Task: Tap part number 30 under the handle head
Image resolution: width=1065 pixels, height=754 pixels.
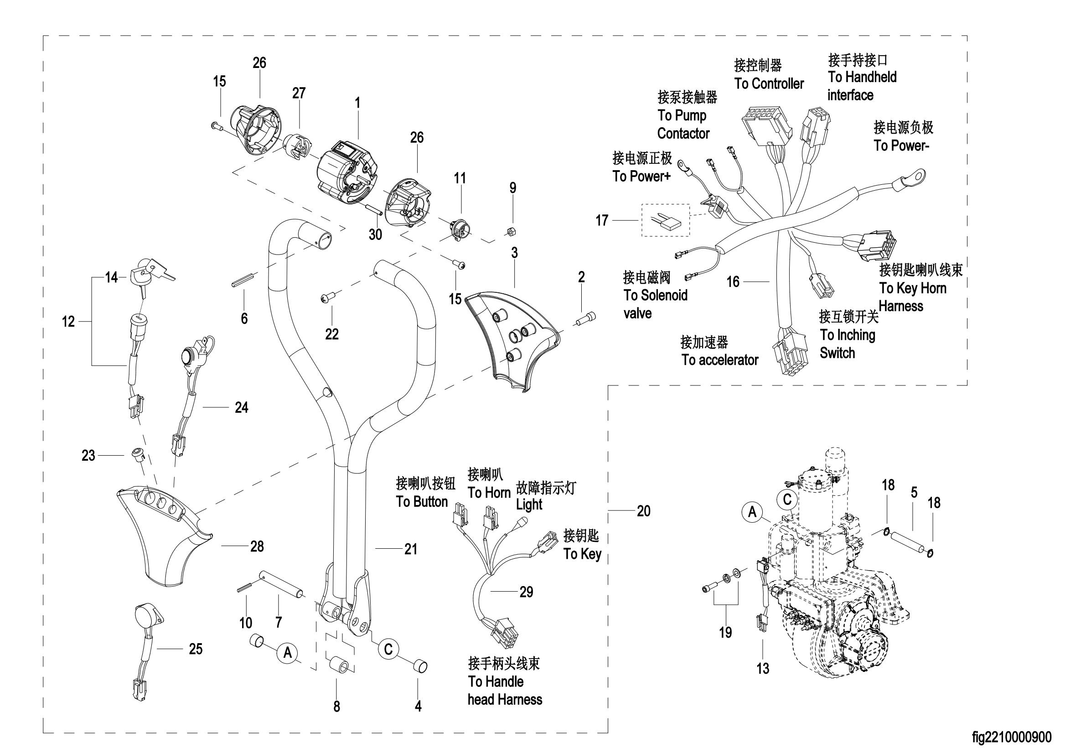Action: click(x=375, y=234)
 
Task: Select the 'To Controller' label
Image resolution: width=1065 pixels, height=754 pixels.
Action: click(x=769, y=84)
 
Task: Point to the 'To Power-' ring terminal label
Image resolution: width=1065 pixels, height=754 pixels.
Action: click(x=902, y=146)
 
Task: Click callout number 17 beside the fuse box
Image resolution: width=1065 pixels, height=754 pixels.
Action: click(x=602, y=220)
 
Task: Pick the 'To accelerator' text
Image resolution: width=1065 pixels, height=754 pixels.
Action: click(x=720, y=360)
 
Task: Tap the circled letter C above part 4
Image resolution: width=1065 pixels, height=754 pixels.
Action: click(x=389, y=649)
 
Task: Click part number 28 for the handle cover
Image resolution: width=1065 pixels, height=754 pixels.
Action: click(x=257, y=546)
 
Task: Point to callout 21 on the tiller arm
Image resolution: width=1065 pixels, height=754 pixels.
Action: click(x=411, y=549)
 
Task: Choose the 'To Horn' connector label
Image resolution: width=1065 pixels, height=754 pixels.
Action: click(x=489, y=493)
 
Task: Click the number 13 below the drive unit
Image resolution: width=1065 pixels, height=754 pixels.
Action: click(x=763, y=669)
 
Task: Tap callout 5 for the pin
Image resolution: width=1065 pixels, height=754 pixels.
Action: click(x=914, y=493)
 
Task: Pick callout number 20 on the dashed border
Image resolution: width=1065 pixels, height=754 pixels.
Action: click(x=644, y=511)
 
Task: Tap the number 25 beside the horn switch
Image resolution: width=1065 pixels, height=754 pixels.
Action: click(x=196, y=649)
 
